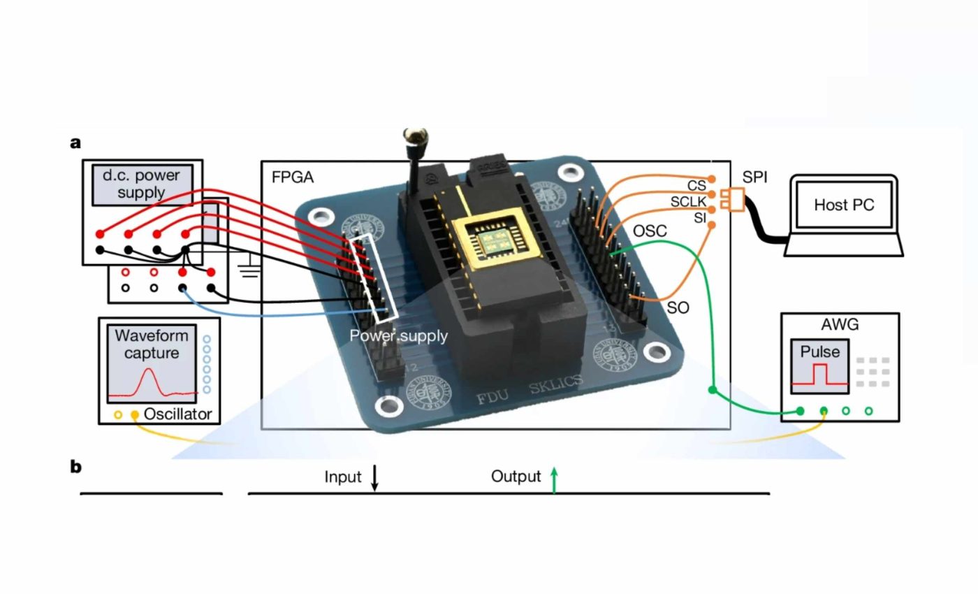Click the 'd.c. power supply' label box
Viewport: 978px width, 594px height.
point(141,184)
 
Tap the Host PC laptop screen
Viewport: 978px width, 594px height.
point(844,205)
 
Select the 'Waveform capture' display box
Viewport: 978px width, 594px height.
point(152,363)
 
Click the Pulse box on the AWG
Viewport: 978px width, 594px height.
point(820,367)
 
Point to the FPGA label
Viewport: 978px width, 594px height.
point(293,177)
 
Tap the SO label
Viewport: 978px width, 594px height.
point(678,307)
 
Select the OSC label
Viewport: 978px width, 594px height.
point(650,231)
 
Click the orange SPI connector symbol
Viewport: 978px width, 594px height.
point(733,199)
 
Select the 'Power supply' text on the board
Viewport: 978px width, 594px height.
point(398,335)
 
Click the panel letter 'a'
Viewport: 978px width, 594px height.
point(75,143)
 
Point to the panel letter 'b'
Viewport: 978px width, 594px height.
point(75,466)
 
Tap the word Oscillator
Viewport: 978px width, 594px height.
point(177,414)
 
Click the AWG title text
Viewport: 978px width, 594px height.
point(840,324)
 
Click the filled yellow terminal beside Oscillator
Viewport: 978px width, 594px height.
point(135,415)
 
